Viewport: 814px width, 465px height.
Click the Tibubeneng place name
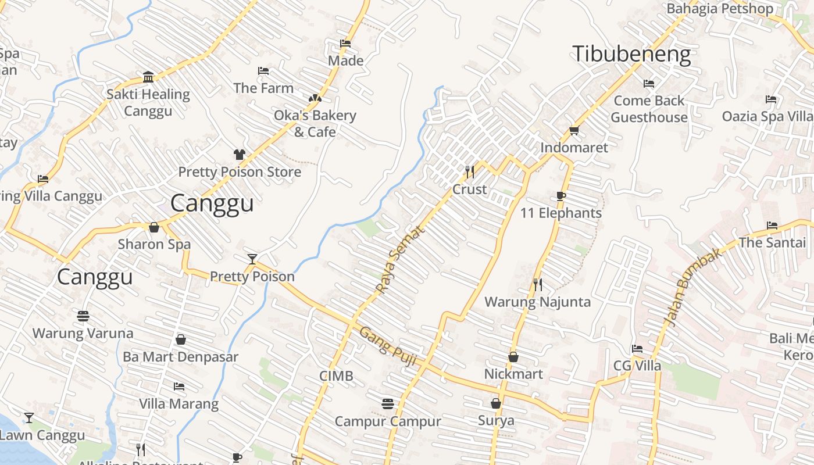[632, 54]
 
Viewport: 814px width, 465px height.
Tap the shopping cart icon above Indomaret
[574, 131]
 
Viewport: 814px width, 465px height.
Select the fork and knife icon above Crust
[470, 172]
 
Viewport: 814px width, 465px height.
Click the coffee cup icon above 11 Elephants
[560, 196]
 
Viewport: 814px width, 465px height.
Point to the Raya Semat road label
[401, 259]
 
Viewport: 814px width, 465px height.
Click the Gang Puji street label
[388, 347]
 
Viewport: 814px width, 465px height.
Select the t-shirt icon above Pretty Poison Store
[239, 155]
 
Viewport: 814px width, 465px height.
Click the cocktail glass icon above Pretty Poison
[252, 259]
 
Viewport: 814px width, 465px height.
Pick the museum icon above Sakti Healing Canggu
[148, 77]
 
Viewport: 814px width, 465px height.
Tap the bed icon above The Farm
[263, 71]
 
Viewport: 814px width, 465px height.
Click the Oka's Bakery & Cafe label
[315, 123]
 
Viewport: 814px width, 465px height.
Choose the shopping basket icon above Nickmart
[513, 357]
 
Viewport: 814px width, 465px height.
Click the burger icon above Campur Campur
[388, 403]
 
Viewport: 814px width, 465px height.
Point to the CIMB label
[336, 376]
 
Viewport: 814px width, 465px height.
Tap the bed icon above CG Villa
[637, 349]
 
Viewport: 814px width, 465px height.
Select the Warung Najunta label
[537, 302]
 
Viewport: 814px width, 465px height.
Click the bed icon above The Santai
[772, 226]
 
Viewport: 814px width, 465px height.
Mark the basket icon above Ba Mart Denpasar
[180, 339]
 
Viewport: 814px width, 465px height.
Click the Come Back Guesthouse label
[649, 109]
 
